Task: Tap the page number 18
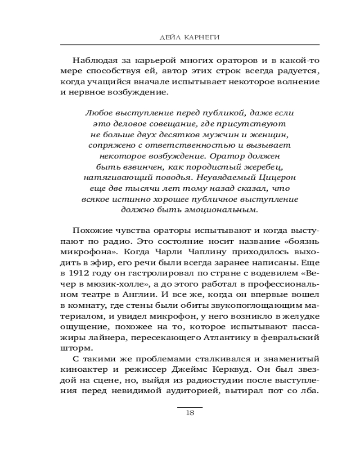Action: click(189, 414)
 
